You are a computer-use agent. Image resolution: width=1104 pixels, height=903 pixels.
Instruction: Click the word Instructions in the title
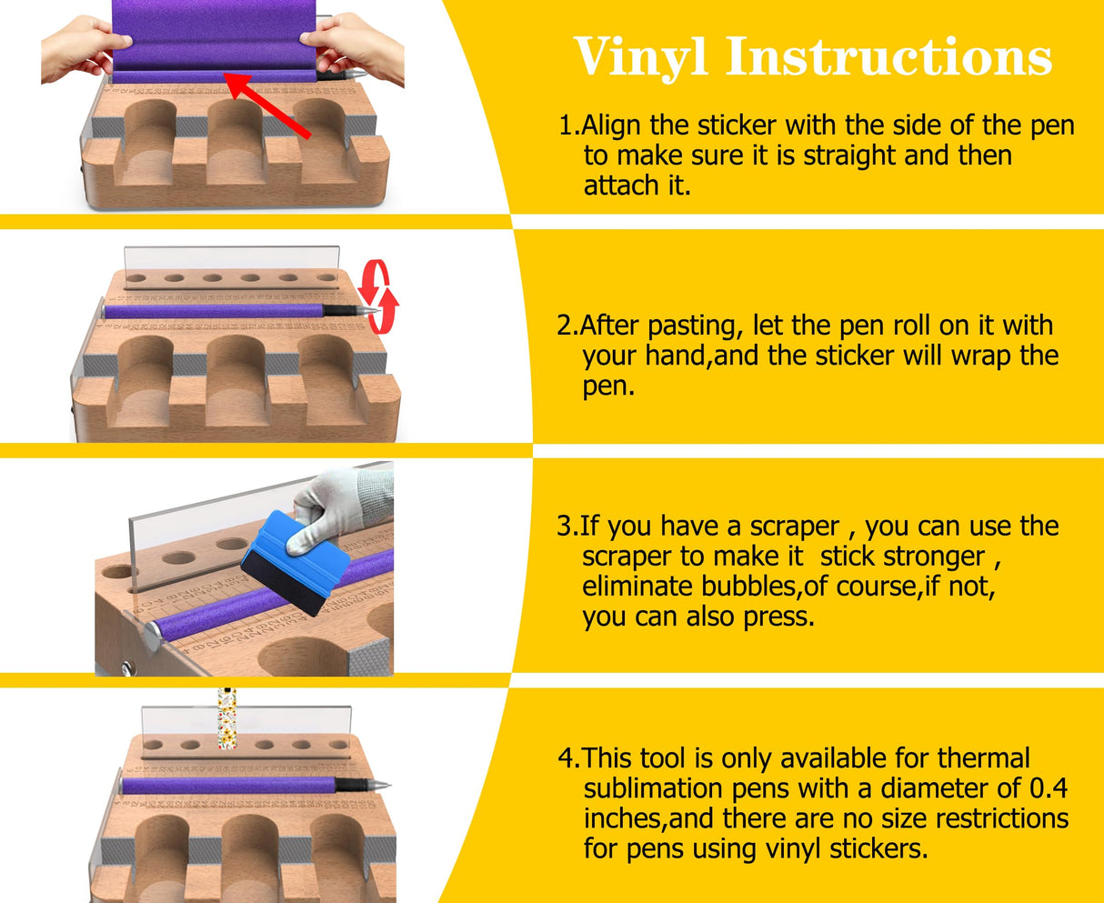[888, 57]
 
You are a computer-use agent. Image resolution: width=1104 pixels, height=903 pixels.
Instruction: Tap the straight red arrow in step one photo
[267, 106]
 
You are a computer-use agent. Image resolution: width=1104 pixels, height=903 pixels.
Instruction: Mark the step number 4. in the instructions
[568, 758]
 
